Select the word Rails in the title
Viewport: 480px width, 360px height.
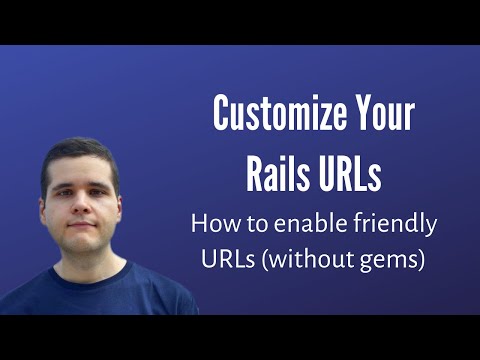(x=278, y=173)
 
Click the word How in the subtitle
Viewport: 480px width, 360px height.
(x=212, y=222)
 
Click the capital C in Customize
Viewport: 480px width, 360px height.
(x=222, y=117)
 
